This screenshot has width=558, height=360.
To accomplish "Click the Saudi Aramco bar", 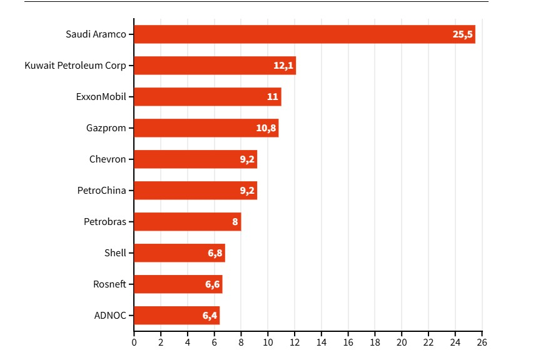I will tap(305, 34).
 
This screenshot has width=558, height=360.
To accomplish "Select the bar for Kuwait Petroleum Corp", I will tap(215, 66).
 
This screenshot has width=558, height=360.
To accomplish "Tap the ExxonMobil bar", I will tap(207, 97).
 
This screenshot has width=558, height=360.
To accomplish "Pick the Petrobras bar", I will tap(187, 222).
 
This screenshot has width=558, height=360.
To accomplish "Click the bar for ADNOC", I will tap(176, 316).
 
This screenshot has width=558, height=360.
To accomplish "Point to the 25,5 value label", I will tap(462, 34).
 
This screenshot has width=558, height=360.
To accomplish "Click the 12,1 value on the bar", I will tap(283, 66).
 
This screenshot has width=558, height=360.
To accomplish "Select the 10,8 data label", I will tap(266, 128).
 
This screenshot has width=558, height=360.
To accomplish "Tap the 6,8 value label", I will tap(214, 253).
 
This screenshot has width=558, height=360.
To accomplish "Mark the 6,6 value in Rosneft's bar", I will tap(211, 284).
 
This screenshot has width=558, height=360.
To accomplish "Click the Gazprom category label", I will tap(106, 128).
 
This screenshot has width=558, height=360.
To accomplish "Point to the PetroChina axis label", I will tap(101, 191).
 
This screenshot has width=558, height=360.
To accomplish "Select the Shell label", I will tap(115, 253).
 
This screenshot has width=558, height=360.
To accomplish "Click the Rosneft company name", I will tap(109, 284).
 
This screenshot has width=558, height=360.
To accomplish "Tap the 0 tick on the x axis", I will tap(134, 342).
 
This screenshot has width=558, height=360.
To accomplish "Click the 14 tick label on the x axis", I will tap(322, 342).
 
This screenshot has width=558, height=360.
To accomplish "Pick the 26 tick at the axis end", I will tap(482, 342).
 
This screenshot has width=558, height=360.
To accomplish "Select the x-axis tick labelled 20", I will tap(402, 342).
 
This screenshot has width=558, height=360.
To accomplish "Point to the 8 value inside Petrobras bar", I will tap(235, 222).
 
